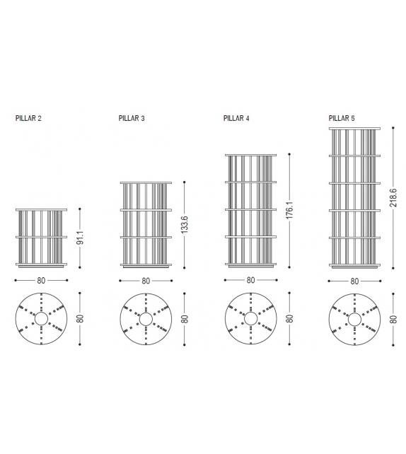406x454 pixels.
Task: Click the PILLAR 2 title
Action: (x=28, y=118)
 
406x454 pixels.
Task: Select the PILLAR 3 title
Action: (x=132, y=118)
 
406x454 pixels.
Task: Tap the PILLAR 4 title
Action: (x=236, y=118)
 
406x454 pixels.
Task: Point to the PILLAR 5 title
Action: (x=342, y=118)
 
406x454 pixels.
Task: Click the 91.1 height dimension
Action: (x=80, y=238)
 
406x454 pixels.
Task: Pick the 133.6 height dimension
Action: (x=185, y=224)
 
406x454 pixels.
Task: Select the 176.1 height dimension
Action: (x=289, y=211)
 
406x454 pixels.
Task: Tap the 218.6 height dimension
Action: (x=393, y=197)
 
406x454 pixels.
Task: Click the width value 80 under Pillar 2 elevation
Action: (x=41, y=281)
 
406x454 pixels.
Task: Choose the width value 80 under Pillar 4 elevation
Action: (x=251, y=280)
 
